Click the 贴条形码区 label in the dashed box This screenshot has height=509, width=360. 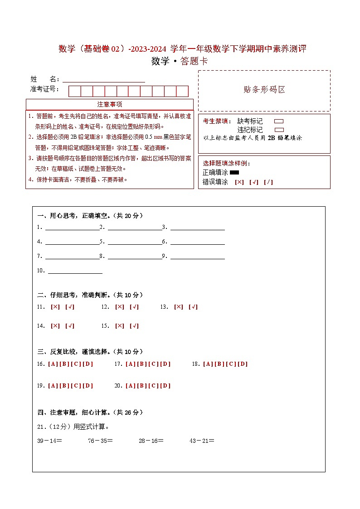click(264, 90)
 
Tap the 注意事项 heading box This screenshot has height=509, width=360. click(110, 104)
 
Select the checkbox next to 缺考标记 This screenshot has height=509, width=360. click(279, 121)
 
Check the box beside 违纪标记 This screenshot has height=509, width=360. click(279, 130)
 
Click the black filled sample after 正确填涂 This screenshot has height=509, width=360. click(234, 172)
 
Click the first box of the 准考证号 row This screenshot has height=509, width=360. click(74, 91)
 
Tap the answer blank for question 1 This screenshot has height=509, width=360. click(72, 227)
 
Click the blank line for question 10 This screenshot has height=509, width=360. click(75, 271)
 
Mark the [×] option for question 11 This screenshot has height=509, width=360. click(55, 307)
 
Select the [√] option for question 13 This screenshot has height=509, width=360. click(193, 307)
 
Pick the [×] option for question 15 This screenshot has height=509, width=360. click(120, 326)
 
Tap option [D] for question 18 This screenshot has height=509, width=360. click(243, 364)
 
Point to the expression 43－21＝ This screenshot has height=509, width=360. click(202, 440)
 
